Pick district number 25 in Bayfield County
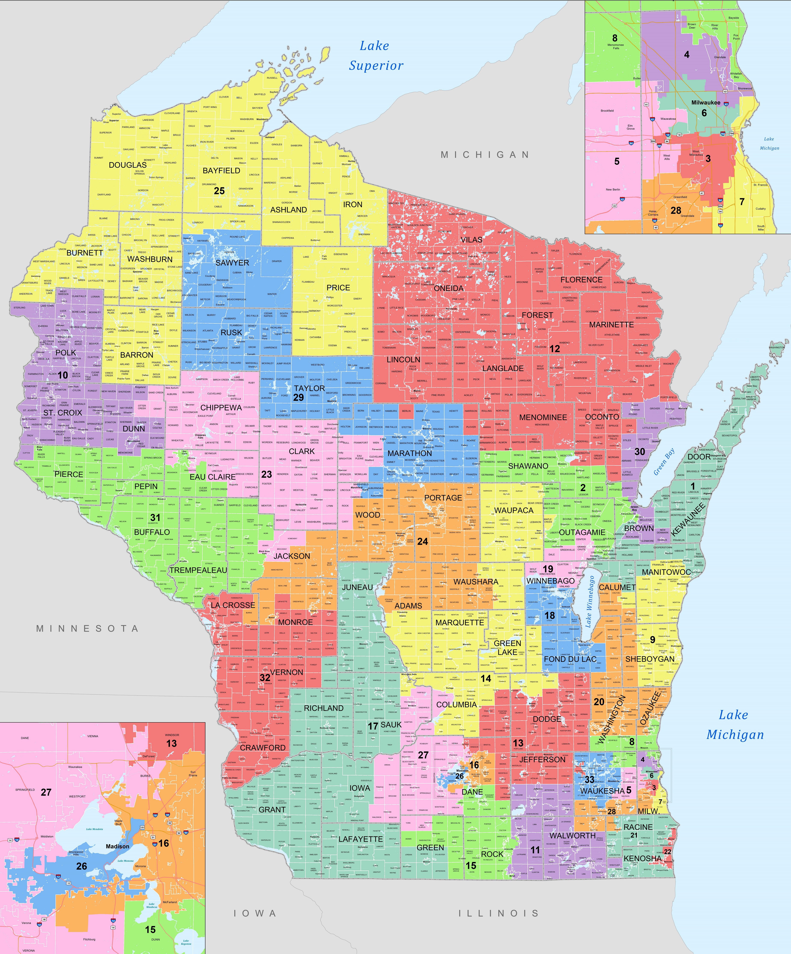219,191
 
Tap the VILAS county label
471,239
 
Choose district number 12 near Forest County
555,348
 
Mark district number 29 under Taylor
298,398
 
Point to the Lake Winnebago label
590,602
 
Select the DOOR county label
699,456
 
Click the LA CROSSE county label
233,605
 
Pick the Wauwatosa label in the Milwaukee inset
668,119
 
